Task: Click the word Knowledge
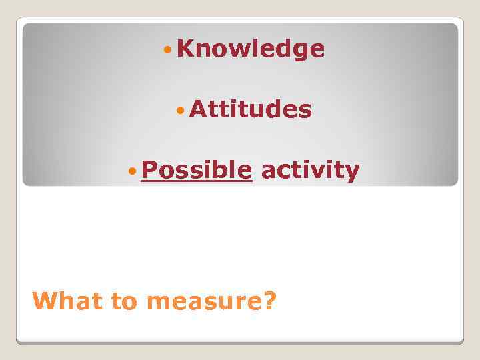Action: pyautogui.click(x=251, y=49)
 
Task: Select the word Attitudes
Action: pyautogui.click(x=250, y=109)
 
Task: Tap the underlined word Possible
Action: pyautogui.click(x=197, y=171)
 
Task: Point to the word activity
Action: pyautogui.click(x=310, y=171)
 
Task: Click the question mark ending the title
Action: pyautogui.click(x=269, y=301)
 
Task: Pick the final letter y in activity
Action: pyautogui.click(x=353, y=173)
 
